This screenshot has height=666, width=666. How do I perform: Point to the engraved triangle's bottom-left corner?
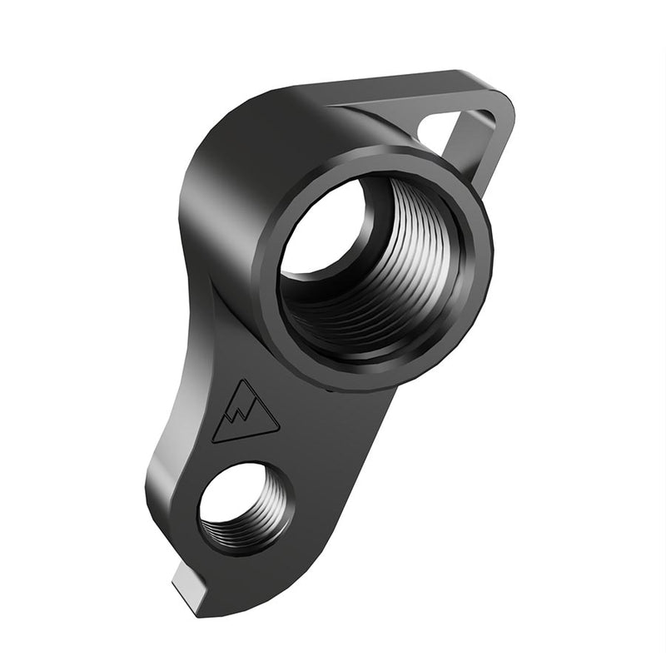[214, 440]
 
